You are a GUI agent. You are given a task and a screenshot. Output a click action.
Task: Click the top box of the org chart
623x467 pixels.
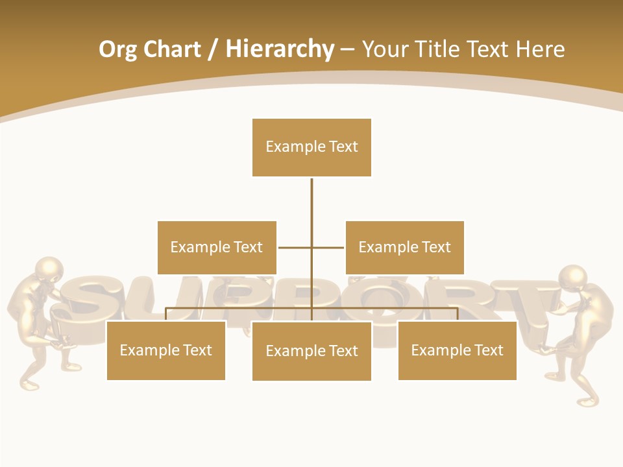(x=311, y=147)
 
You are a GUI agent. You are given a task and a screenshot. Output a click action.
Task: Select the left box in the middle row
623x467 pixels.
(x=217, y=247)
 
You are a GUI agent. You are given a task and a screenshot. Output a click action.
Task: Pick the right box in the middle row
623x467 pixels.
(x=404, y=247)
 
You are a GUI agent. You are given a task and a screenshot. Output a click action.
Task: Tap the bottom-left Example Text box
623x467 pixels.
(x=166, y=350)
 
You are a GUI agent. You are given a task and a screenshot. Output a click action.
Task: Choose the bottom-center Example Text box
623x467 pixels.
(x=311, y=351)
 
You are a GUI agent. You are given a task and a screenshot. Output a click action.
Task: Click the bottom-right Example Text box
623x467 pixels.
(x=457, y=350)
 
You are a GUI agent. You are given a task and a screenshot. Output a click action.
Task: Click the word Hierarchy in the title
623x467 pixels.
(x=280, y=49)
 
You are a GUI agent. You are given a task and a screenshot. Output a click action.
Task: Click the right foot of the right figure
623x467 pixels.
(x=587, y=401)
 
